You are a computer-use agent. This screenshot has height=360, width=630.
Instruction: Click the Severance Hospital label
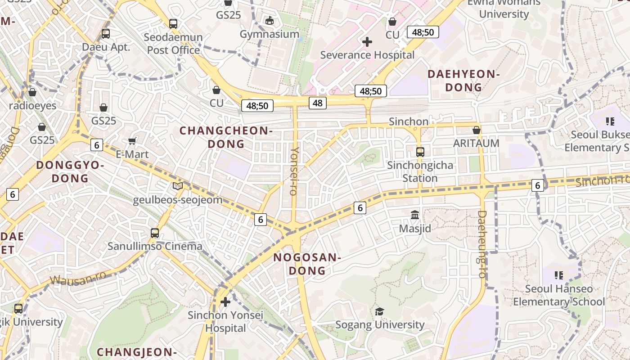click(367, 55)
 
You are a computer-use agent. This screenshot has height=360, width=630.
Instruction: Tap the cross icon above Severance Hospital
click(367, 42)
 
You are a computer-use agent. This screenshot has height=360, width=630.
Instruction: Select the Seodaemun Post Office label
click(174, 44)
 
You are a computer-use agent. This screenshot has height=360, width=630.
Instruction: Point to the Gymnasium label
click(269, 34)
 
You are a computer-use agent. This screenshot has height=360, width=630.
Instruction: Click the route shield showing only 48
click(318, 103)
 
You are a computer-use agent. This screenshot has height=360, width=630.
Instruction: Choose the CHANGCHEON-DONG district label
click(226, 137)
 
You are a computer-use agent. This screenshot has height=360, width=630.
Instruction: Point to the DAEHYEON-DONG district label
click(463, 81)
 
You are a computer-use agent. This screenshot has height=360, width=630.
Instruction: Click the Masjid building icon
click(415, 215)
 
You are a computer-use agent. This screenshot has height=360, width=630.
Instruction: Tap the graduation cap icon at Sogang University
click(380, 311)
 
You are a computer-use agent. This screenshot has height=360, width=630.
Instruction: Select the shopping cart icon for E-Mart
click(132, 141)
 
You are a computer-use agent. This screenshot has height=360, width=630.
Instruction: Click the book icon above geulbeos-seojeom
click(178, 186)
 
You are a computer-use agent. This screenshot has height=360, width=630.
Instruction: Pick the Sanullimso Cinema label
click(155, 246)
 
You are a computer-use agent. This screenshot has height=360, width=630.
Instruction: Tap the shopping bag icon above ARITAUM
click(476, 130)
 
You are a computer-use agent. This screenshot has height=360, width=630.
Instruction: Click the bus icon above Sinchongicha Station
click(420, 152)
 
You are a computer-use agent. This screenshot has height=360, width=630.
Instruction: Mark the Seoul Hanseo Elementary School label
click(559, 295)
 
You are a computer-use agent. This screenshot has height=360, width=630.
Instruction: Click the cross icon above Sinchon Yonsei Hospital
click(225, 301)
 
